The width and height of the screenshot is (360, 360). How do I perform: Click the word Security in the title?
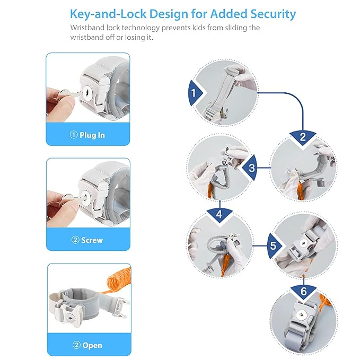[x=273, y=14]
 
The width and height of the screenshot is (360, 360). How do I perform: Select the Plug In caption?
[x=87, y=135]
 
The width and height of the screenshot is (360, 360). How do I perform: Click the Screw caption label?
[x=87, y=240]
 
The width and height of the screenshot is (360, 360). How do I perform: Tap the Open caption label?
[x=87, y=345]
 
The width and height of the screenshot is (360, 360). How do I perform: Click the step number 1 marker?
[x=195, y=93]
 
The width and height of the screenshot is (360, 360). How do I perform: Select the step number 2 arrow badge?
[x=303, y=137]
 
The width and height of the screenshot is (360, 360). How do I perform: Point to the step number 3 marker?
[x=250, y=168]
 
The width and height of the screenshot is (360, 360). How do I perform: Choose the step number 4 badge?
[x=219, y=214]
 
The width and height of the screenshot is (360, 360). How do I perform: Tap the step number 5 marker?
[x=274, y=245]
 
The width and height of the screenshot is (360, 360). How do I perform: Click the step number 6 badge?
[x=303, y=292]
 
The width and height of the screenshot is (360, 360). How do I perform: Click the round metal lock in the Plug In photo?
[x=88, y=93]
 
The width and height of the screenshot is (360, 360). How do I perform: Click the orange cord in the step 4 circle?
[x=224, y=264]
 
